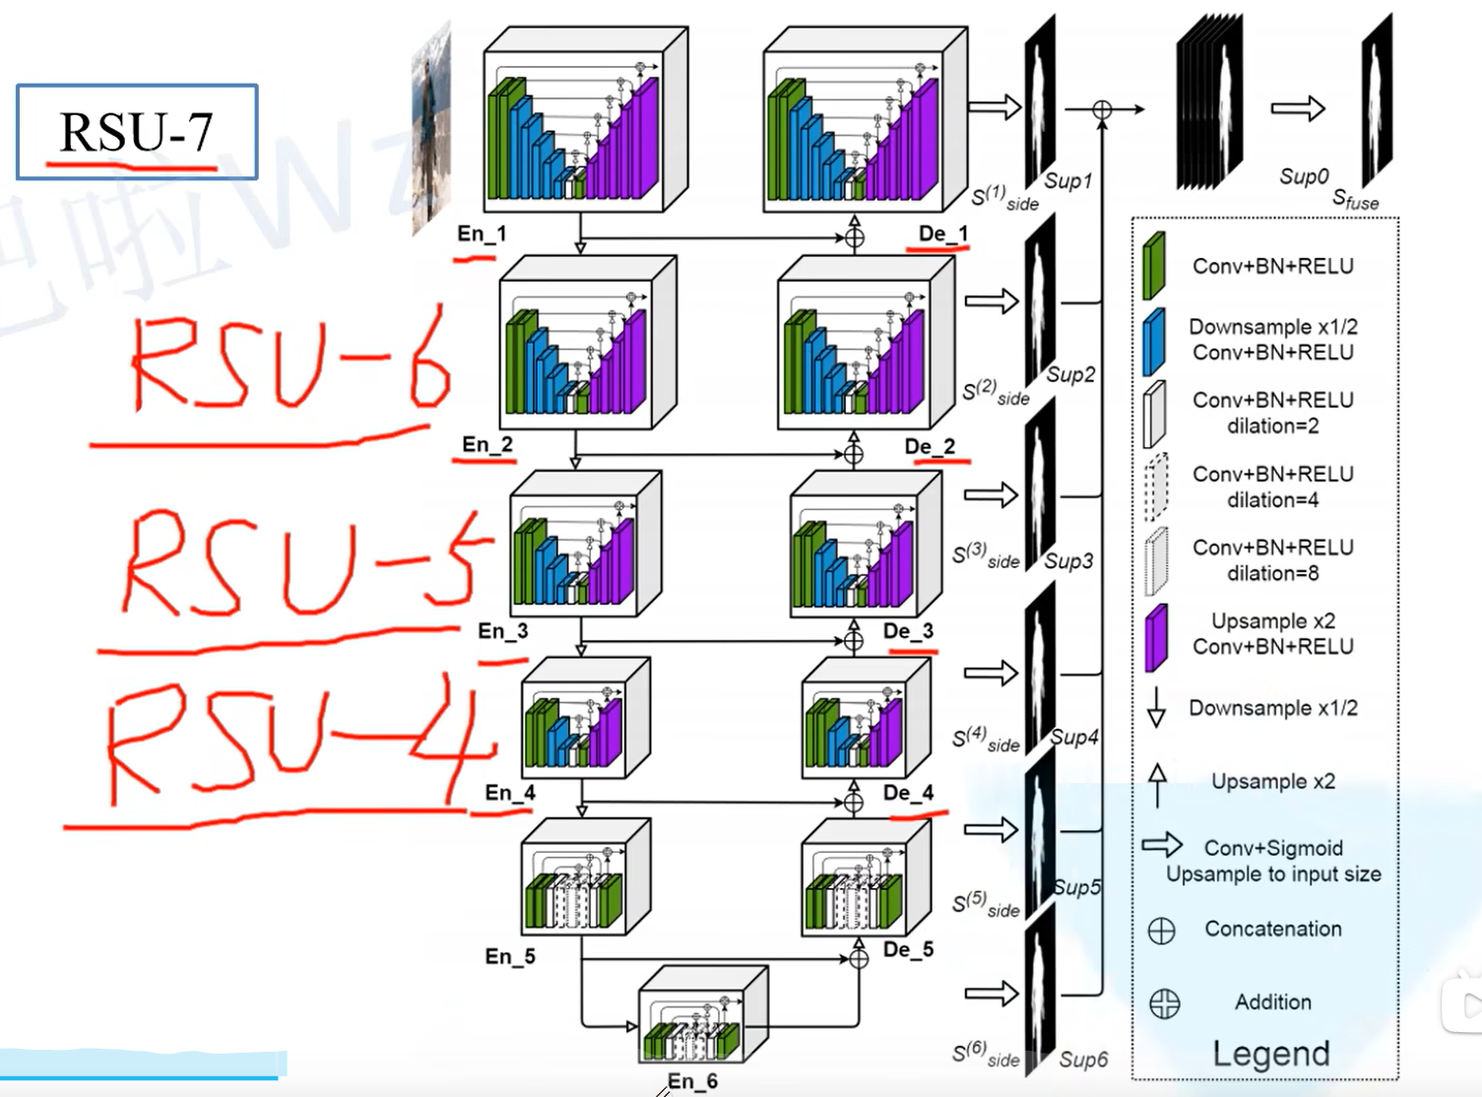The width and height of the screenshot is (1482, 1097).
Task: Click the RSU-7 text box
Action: pos(137,132)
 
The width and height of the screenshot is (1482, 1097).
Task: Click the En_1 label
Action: pos(482,234)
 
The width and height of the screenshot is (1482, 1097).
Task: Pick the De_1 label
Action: pos(942,233)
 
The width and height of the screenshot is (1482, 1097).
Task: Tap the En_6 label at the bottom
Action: pos(692,1081)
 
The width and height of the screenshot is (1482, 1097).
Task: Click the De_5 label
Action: pos(908,949)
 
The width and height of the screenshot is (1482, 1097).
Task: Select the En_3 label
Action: pos(502,631)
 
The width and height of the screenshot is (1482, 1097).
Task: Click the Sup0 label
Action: pos(1304,176)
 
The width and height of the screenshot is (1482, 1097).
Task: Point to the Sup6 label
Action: pos(1083,1060)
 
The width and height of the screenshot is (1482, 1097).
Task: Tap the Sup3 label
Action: pos(1068,561)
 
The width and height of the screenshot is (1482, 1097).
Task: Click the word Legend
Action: pos(1270,1054)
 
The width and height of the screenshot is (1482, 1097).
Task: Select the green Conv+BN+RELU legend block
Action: pos(1154,266)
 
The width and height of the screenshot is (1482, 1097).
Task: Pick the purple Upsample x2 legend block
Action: pos(1156,637)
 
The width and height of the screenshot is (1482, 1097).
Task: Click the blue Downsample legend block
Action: pos(1154,341)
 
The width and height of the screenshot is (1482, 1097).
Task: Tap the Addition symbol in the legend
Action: pos(1164,1003)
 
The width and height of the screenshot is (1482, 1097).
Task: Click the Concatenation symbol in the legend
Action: pos(1162,931)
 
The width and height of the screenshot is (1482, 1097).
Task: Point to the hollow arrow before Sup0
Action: pos(1298,108)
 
